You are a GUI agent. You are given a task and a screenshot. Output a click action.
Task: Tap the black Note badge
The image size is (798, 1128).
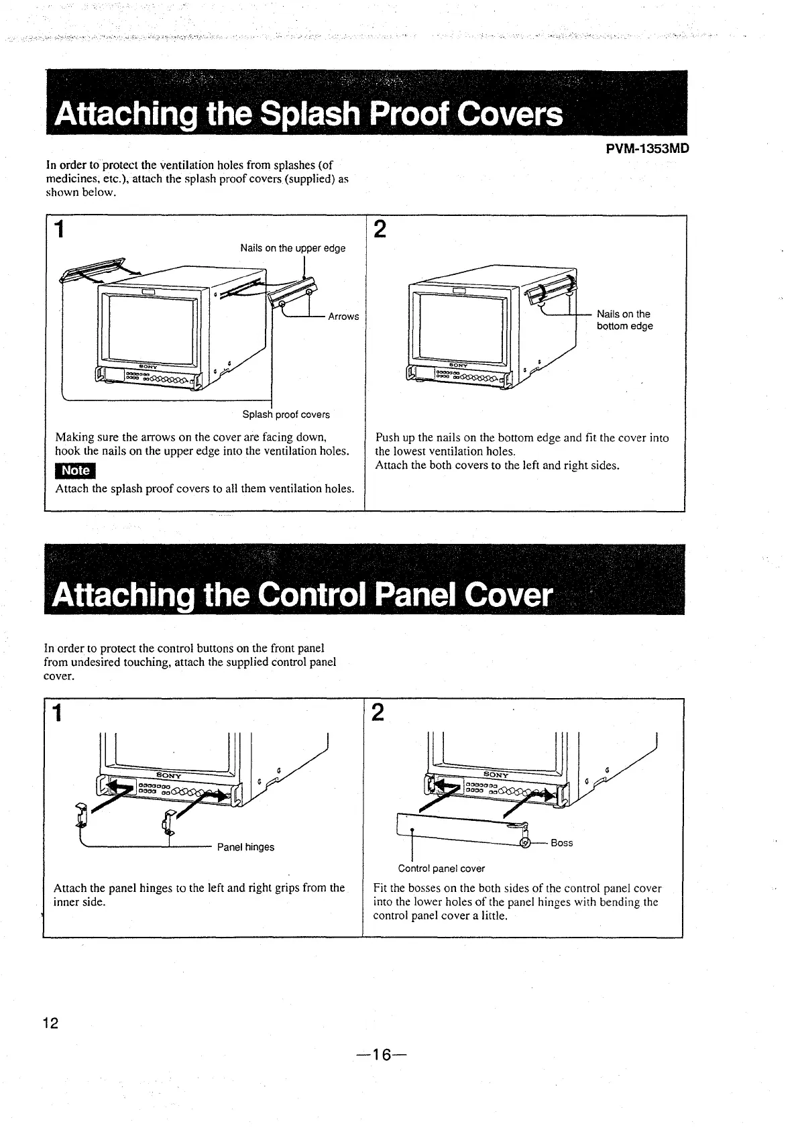[76, 471]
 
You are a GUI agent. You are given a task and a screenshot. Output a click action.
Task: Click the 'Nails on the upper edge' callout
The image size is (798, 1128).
[292, 248]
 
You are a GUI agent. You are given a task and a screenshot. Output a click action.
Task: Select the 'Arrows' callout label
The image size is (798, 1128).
[343, 317]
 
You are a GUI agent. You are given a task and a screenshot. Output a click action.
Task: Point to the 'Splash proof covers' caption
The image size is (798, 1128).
[286, 414]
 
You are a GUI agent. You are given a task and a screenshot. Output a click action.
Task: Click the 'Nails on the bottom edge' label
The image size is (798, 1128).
[624, 320]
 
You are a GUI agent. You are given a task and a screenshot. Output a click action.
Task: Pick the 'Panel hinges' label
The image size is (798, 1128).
[245, 847]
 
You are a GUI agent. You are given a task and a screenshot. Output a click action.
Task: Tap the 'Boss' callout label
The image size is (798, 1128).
[561, 843]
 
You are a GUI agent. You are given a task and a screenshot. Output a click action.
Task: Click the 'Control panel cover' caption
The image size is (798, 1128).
[441, 868]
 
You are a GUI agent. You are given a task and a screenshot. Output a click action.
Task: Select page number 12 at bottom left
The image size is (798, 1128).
[50, 1023]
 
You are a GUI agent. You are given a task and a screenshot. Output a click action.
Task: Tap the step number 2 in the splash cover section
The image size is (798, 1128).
[379, 230]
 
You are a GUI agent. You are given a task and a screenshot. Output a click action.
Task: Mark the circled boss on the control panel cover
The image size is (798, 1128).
[526, 843]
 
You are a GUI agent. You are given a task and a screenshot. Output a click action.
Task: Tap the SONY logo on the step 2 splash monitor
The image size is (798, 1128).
[458, 365]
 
